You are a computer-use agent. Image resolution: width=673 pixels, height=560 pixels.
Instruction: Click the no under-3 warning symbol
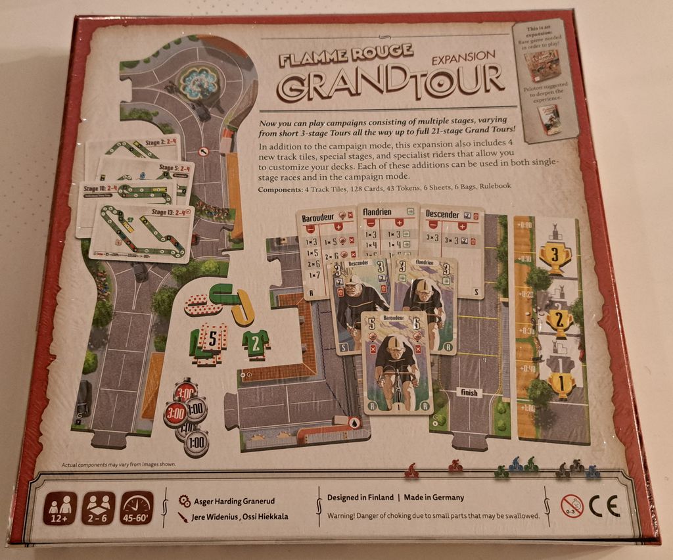pos(572,506)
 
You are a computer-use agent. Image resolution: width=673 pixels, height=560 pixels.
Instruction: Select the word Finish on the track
pos(469,392)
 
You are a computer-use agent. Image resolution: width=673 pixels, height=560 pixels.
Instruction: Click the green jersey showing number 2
pos(255,342)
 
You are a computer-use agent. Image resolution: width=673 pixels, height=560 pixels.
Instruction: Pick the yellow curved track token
pos(242,307)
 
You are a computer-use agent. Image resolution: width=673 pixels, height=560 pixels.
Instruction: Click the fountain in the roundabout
pos(198,82)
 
